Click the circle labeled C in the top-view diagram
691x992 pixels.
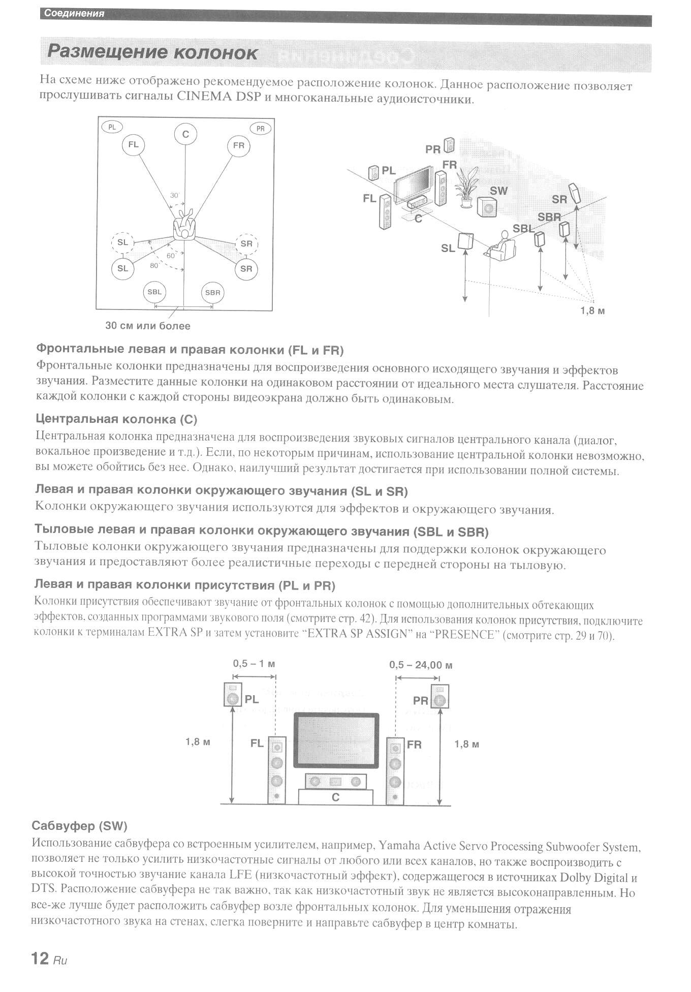185,134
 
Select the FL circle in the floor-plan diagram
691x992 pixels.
133,145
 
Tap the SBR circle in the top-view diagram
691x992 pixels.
212,292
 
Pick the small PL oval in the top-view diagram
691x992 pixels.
112,127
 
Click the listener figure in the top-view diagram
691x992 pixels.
184,225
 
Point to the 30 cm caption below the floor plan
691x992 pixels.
147,326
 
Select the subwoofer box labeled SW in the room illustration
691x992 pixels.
487,207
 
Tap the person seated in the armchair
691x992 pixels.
502,246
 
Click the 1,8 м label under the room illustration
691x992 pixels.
592,311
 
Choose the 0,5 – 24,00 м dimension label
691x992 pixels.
421,665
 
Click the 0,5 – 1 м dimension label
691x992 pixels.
254,664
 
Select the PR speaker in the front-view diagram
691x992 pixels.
439,696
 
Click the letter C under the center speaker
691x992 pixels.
335,797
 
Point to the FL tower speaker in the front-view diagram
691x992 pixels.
277,770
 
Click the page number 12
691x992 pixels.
40,958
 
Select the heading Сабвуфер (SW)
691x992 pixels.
79,826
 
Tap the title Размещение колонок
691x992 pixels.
152,53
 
